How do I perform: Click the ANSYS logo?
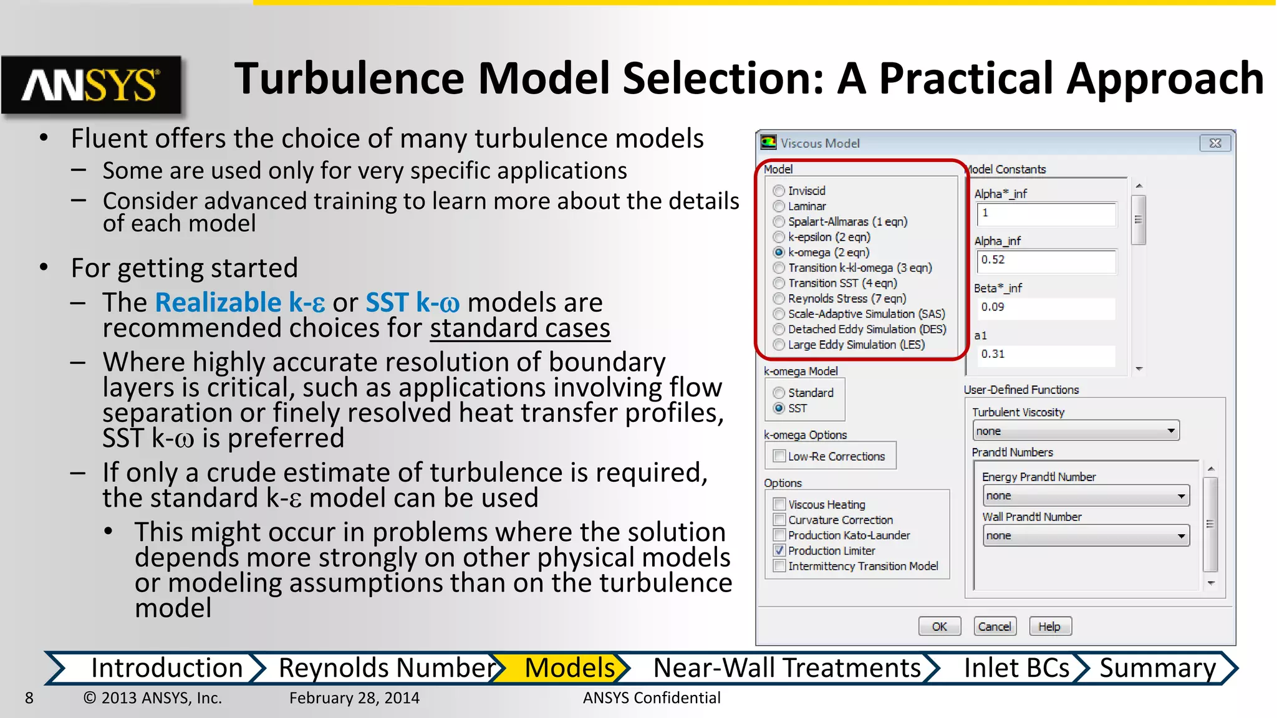(x=91, y=85)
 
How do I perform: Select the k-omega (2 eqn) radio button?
(x=779, y=252)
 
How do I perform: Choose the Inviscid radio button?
(x=779, y=191)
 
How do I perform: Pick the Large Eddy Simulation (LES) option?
(x=779, y=345)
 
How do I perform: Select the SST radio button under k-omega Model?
(x=779, y=408)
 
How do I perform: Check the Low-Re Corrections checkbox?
(x=779, y=456)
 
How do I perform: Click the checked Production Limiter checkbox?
(x=779, y=550)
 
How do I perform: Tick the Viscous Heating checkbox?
(x=779, y=504)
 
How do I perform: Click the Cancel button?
(x=995, y=626)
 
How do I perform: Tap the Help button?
(x=1049, y=626)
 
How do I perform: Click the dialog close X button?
(x=1215, y=143)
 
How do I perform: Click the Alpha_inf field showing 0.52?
(x=1046, y=261)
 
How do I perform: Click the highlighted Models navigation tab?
(x=569, y=668)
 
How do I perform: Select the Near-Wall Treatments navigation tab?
(x=786, y=668)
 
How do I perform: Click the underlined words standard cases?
(x=519, y=328)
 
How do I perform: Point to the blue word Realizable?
(x=218, y=302)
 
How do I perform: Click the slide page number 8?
(x=29, y=697)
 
